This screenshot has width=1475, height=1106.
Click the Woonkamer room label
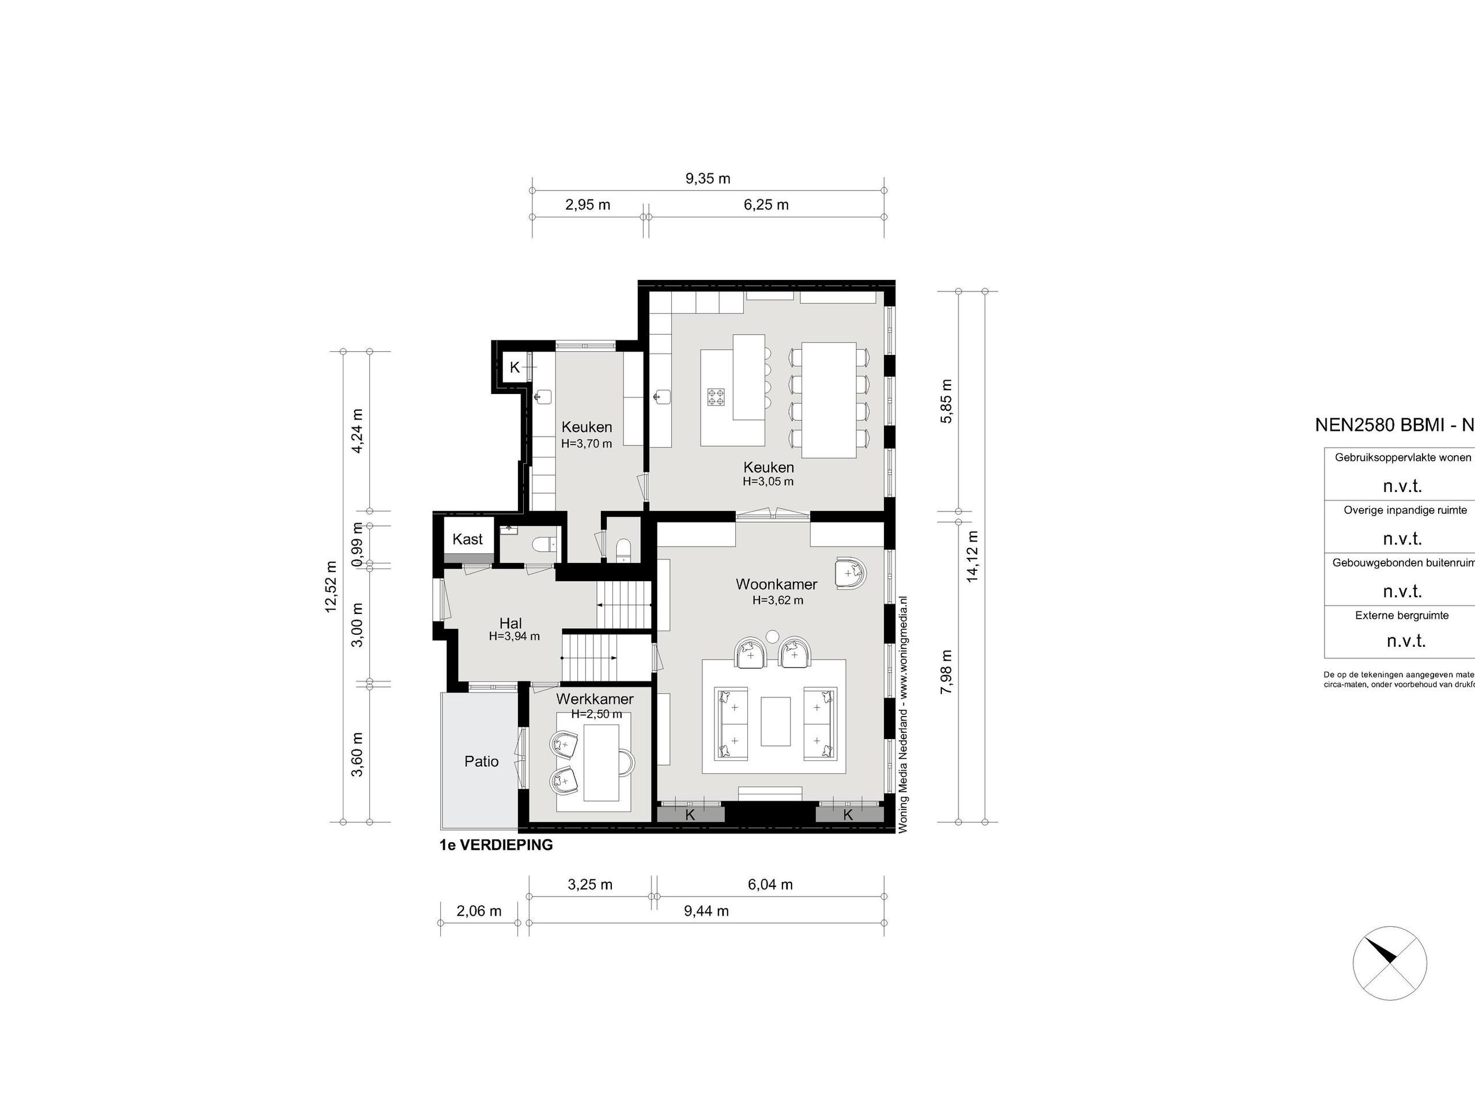pos(776,584)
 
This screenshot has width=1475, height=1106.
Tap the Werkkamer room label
pos(595,699)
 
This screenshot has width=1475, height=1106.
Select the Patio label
pos(482,762)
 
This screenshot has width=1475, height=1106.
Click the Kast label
pos(467,539)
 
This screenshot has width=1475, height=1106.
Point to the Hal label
pos(511,624)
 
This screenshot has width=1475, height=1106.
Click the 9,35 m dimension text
pos(708,179)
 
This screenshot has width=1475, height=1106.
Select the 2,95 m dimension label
pos(588,204)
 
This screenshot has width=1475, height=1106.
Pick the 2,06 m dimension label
pos(479,911)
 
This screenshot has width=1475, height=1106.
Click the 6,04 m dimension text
pos(770,885)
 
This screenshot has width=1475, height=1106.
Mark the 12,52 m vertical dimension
pos(331,586)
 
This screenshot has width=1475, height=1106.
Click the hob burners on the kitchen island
pos(716,397)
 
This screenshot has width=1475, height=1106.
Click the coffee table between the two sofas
pos(776,721)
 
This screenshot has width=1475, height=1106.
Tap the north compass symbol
pos(1390,963)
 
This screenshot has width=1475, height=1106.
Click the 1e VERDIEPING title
pos(496,845)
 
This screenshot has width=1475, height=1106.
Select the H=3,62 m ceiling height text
pos(777,600)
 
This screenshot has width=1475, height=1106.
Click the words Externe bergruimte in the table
pos(1402,615)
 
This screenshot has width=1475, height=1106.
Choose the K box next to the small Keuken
pos(515,368)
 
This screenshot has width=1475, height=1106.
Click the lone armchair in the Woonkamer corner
pos(850,573)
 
